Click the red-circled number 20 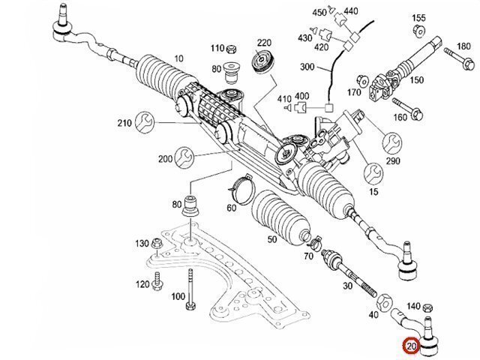tap(410, 346)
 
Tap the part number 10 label tap(178, 58)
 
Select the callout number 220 tap(264, 42)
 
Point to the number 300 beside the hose tap(307, 67)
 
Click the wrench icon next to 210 tap(145, 122)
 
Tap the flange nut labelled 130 tap(157, 244)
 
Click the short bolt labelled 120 tap(157, 282)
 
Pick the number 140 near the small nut tap(412, 306)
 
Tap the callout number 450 tap(319, 13)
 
